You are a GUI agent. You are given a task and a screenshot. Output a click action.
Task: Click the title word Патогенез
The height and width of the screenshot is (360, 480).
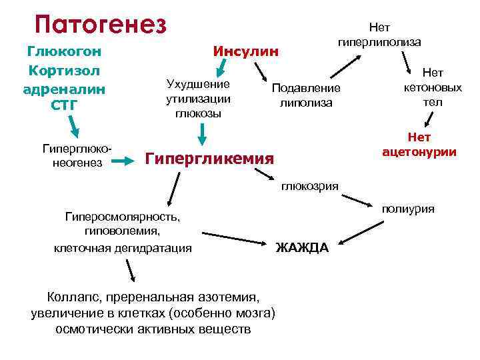pos(100,25)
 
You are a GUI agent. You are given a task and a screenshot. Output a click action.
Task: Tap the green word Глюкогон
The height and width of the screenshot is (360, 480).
pos(64,51)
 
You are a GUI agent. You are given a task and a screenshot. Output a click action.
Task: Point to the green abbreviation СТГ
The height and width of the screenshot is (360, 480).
pos(64,105)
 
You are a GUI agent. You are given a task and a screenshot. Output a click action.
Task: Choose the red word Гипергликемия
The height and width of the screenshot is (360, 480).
pos(209,159)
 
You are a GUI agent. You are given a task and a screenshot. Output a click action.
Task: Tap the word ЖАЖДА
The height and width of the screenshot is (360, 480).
pos(302,248)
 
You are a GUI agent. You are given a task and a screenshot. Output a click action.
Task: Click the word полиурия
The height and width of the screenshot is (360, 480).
pos(408,209)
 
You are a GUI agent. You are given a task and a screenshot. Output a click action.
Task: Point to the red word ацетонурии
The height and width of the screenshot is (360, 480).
pos(419,152)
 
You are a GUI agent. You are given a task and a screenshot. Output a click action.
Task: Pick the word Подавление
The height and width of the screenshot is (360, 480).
pos(306,89)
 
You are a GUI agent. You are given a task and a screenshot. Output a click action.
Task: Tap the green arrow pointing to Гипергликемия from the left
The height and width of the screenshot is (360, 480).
pos(122,161)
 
